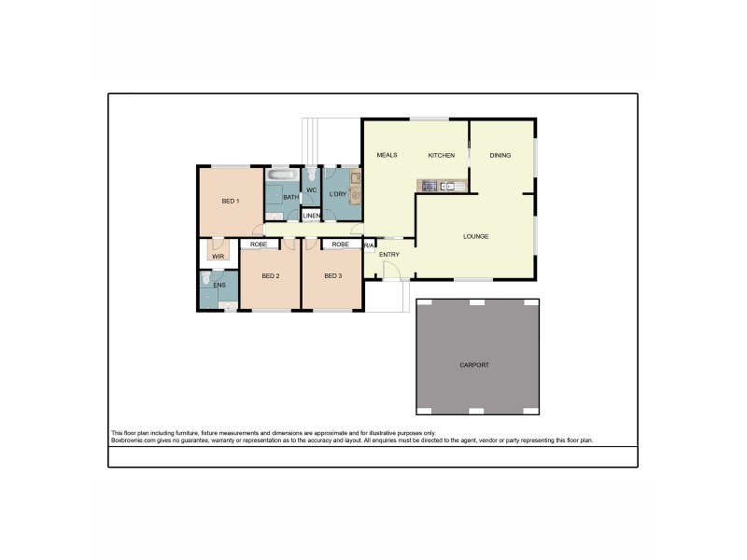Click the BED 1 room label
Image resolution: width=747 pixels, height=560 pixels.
point(231,202)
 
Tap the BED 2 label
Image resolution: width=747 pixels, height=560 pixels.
point(271,275)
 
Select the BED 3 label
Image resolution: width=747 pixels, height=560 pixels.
point(333,275)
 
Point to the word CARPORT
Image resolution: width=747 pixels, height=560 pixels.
point(475,364)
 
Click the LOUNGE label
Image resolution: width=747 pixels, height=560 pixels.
point(475,236)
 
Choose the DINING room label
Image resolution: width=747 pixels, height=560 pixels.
point(500,155)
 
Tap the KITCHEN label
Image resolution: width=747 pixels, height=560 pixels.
point(441,155)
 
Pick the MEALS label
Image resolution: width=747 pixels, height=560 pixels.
point(388,155)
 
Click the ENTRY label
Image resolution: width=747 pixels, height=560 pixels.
point(389,254)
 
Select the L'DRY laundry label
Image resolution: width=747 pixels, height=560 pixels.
point(337,194)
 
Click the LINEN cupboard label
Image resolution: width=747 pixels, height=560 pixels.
point(311,217)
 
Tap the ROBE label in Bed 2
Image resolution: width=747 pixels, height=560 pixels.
point(260,245)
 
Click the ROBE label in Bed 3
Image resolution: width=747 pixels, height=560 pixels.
point(340,245)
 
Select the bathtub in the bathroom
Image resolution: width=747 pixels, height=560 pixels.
point(281,175)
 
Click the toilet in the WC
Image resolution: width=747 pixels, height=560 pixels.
point(311,175)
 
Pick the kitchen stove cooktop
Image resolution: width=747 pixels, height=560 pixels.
point(430,187)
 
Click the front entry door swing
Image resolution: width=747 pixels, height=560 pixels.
point(392,271)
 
